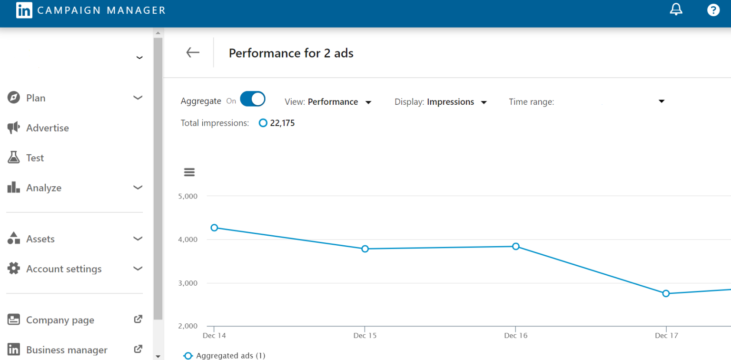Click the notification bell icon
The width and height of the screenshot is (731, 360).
[676, 10]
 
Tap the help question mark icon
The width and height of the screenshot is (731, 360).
[713, 10]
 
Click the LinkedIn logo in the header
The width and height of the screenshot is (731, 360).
[24, 10]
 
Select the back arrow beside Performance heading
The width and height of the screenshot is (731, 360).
[193, 52]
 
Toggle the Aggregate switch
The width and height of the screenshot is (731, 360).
[252, 99]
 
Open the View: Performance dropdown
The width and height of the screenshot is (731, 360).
[328, 102]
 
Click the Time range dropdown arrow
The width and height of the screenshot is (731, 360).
[661, 101]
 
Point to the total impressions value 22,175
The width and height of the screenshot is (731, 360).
[282, 123]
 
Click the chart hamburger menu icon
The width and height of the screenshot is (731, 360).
[189, 172]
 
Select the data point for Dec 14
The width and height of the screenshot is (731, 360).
[214, 228]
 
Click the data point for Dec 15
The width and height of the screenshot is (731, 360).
[365, 249]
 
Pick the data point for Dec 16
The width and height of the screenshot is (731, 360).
[515, 246]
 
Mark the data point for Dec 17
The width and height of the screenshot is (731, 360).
[666, 293]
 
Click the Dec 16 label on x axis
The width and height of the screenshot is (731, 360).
[515, 336]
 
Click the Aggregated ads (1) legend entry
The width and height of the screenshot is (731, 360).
[225, 356]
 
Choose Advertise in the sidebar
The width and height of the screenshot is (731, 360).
[47, 128]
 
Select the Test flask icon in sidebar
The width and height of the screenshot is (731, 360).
[14, 158]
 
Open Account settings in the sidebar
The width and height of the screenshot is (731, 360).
[64, 269]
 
